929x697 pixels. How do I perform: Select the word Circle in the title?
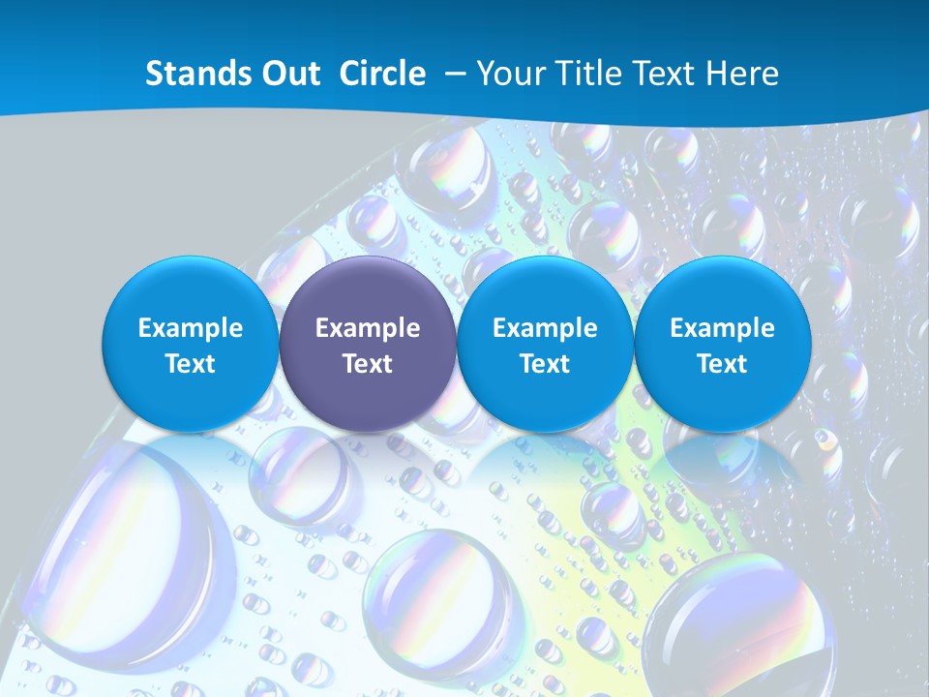click(382, 74)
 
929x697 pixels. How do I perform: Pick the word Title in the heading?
click(584, 74)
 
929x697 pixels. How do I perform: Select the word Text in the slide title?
click(661, 74)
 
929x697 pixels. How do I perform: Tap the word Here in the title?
click(742, 74)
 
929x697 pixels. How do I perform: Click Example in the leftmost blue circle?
click(190, 328)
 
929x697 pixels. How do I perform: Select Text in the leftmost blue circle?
click(190, 364)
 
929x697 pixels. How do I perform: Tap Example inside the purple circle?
click(368, 328)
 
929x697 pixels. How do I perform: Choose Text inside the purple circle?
click(368, 364)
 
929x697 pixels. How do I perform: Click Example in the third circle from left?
click(545, 328)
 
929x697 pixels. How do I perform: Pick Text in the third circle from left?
click(545, 364)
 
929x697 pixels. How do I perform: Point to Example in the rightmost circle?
click(722, 328)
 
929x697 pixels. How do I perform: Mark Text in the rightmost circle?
click(722, 364)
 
